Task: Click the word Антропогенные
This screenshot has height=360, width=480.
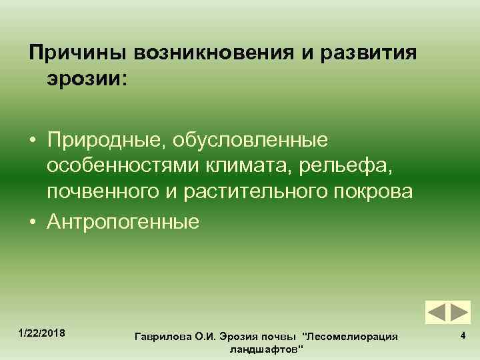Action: (123, 221)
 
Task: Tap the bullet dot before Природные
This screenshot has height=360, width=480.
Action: (32, 141)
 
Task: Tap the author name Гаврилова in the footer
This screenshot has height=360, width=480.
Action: (161, 337)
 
